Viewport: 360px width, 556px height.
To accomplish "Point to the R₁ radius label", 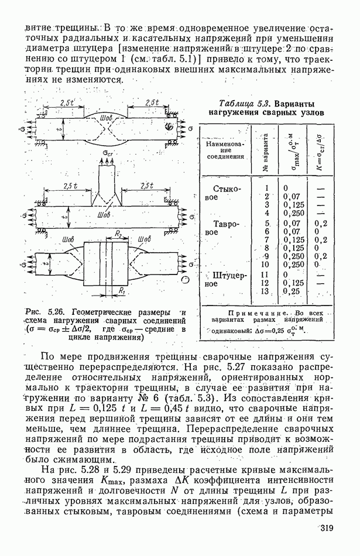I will [x=121, y=290].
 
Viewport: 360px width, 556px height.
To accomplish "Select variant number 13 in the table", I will [x=267, y=290].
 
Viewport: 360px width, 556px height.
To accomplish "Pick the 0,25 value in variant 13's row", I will [x=291, y=290].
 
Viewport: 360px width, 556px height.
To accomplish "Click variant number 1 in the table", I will [x=266, y=188].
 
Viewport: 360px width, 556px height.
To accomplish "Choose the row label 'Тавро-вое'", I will [x=218, y=228].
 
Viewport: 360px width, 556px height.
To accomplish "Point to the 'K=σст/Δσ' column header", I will [x=320, y=146].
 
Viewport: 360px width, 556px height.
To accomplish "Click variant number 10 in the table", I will [x=265, y=265].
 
